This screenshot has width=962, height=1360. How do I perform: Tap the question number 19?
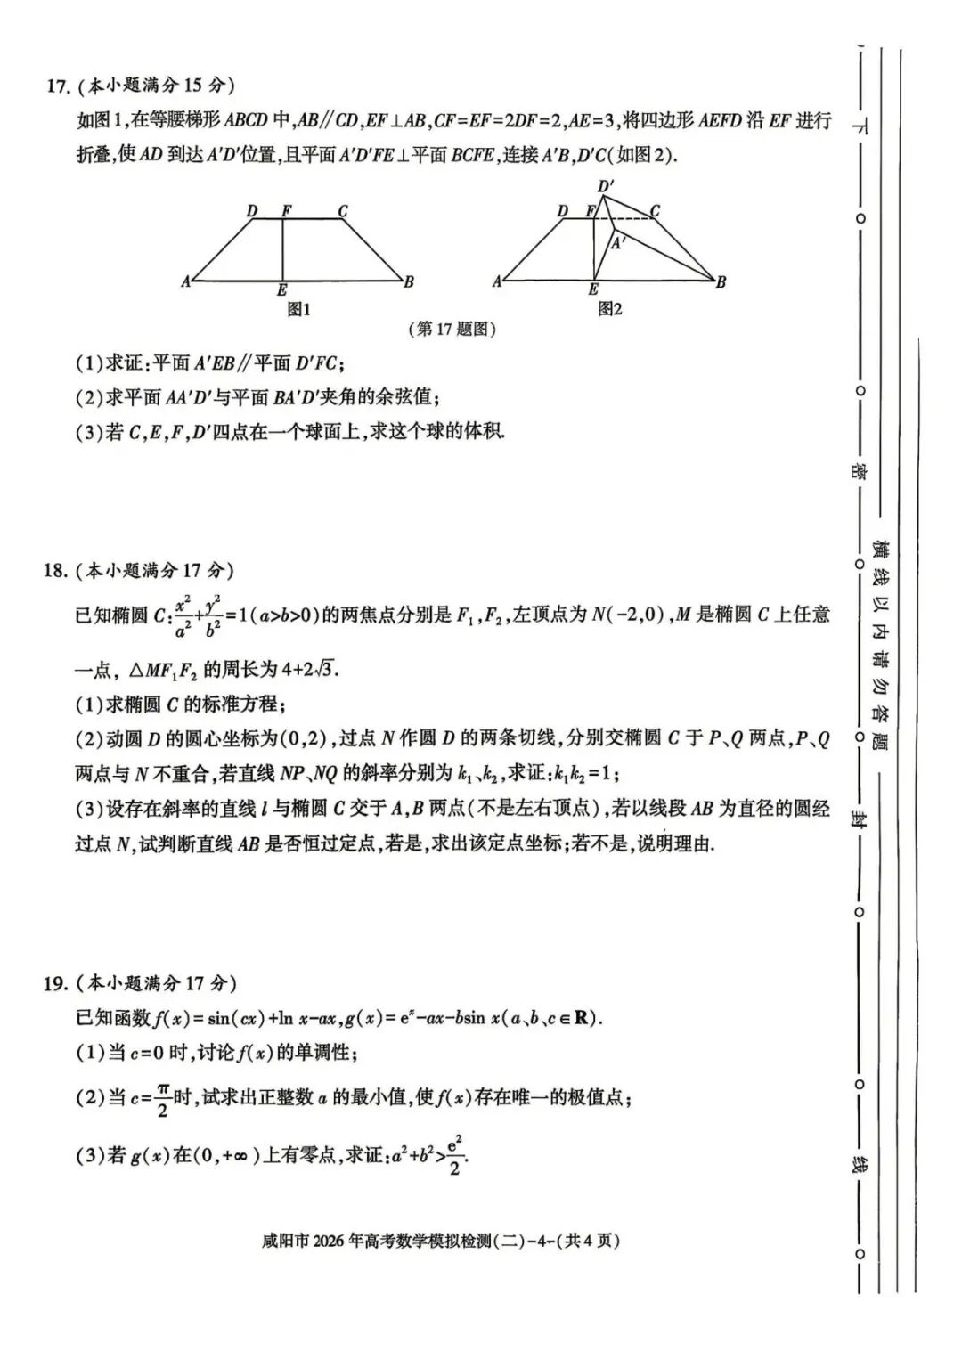(55, 983)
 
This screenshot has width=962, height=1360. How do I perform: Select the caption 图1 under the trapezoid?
(299, 309)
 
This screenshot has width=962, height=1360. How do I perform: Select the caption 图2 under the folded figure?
(610, 309)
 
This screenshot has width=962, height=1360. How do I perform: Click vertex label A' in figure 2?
(618, 241)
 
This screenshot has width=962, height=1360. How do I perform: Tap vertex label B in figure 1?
(409, 282)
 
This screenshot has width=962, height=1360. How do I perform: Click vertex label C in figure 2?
(655, 211)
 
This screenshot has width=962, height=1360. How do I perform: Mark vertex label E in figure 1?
(282, 290)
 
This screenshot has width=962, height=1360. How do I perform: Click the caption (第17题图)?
(451, 330)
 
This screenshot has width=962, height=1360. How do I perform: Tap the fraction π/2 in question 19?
(163, 1099)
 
